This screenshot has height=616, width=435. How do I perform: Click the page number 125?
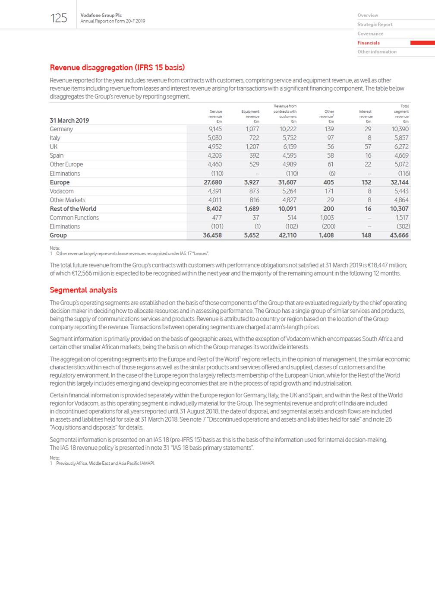coord(59,18)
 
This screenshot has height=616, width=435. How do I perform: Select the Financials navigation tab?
coord(369,43)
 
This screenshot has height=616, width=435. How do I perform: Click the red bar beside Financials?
coord(422,43)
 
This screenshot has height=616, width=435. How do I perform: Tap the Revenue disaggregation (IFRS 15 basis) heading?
coord(117,67)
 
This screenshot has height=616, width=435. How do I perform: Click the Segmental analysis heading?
coord(83,290)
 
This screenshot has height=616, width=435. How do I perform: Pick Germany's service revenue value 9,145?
coord(215,129)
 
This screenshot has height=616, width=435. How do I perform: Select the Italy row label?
coord(55,138)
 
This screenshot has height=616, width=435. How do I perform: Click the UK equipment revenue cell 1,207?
coord(252,147)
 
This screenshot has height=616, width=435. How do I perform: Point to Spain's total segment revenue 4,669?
coord(401,156)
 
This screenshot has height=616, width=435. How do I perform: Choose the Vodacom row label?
coord(61,191)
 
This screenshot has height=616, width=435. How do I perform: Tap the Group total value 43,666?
coord(399,235)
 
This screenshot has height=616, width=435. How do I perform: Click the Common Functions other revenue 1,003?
coord(327,218)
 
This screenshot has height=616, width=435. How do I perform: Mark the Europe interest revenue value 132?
coord(366,182)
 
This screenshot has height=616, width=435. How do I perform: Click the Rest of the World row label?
coord(73,209)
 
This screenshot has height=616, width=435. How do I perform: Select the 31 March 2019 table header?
coord(69,121)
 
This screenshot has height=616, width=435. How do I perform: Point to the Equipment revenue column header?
coord(250,114)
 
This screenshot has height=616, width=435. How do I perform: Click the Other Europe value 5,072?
coord(401,165)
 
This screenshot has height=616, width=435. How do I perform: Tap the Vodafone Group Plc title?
coord(101,15)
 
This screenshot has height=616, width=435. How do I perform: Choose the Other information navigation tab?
coord(377,52)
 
